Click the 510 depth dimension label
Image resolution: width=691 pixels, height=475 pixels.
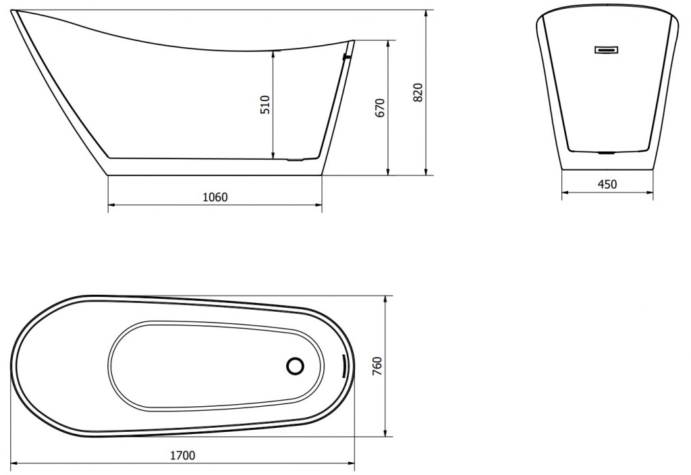click(x=265, y=105)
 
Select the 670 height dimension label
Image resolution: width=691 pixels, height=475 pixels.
click(x=380, y=108)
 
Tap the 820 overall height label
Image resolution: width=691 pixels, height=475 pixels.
click(x=418, y=92)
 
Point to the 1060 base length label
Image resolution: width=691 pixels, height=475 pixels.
click(x=215, y=197)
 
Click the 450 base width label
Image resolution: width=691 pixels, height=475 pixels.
click(x=607, y=184)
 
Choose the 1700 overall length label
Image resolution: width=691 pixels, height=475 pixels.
click(x=182, y=455)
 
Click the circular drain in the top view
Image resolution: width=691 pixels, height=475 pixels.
click(x=295, y=366)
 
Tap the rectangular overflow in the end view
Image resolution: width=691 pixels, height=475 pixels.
click(x=607, y=49)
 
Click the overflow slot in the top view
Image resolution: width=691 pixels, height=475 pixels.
click(x=343, y=366)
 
